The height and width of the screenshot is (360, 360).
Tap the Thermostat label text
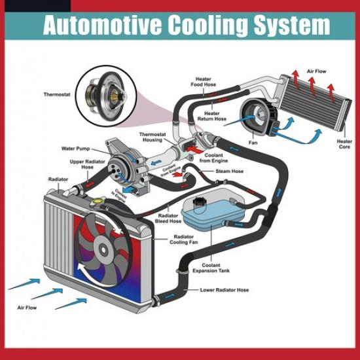[x=57, y=94]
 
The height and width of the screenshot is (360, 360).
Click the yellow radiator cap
[x=98, y=201]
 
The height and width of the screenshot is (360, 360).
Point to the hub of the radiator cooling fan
[x=103, y=249]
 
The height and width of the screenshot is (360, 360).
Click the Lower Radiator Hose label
[x=225, y=290]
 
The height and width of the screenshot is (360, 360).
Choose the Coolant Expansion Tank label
[x=211, y=268]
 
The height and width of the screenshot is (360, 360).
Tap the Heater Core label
[x=344, y=144]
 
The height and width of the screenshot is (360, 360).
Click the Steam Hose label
[x=229, y=171]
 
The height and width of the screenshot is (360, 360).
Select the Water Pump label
[x=75, y=149]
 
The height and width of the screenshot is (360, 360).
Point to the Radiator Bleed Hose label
[x=168, y=219]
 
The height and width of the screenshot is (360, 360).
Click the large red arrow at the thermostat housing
[x=194, y=150]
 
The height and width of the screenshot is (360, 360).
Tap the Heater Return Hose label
[x=212, y=116]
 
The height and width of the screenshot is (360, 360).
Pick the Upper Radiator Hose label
[x=87, y=164]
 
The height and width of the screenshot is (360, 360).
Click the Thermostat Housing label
[x=153, y=137]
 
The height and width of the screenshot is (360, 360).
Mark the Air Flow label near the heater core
[x=316, y=71]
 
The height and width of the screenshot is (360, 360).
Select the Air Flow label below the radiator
[x=27, y=308]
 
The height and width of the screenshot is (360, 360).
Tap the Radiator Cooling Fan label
[x=184, y=240]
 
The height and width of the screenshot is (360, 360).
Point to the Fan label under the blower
[x=253, y=143]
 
